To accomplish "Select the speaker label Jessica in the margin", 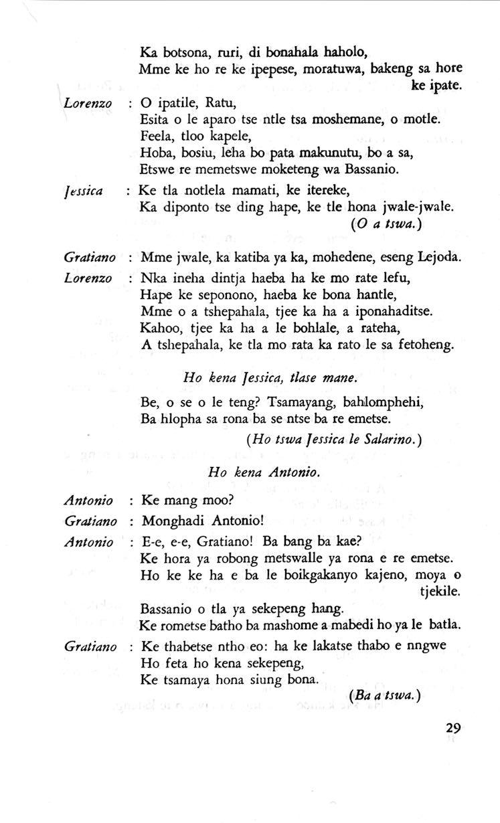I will point(83,191).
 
